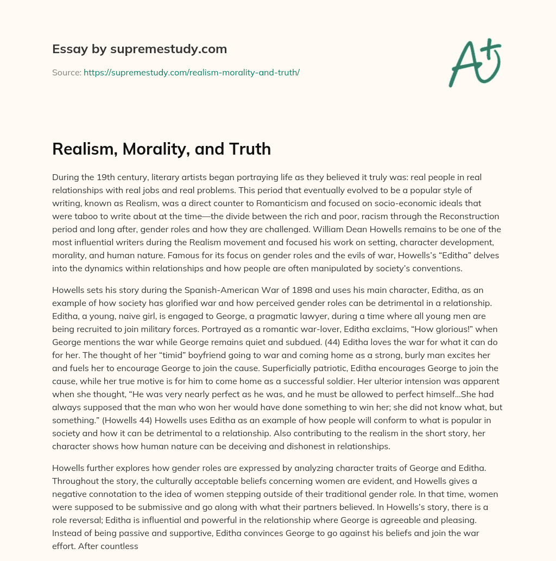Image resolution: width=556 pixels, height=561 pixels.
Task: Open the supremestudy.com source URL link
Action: (x=191, y=72)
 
